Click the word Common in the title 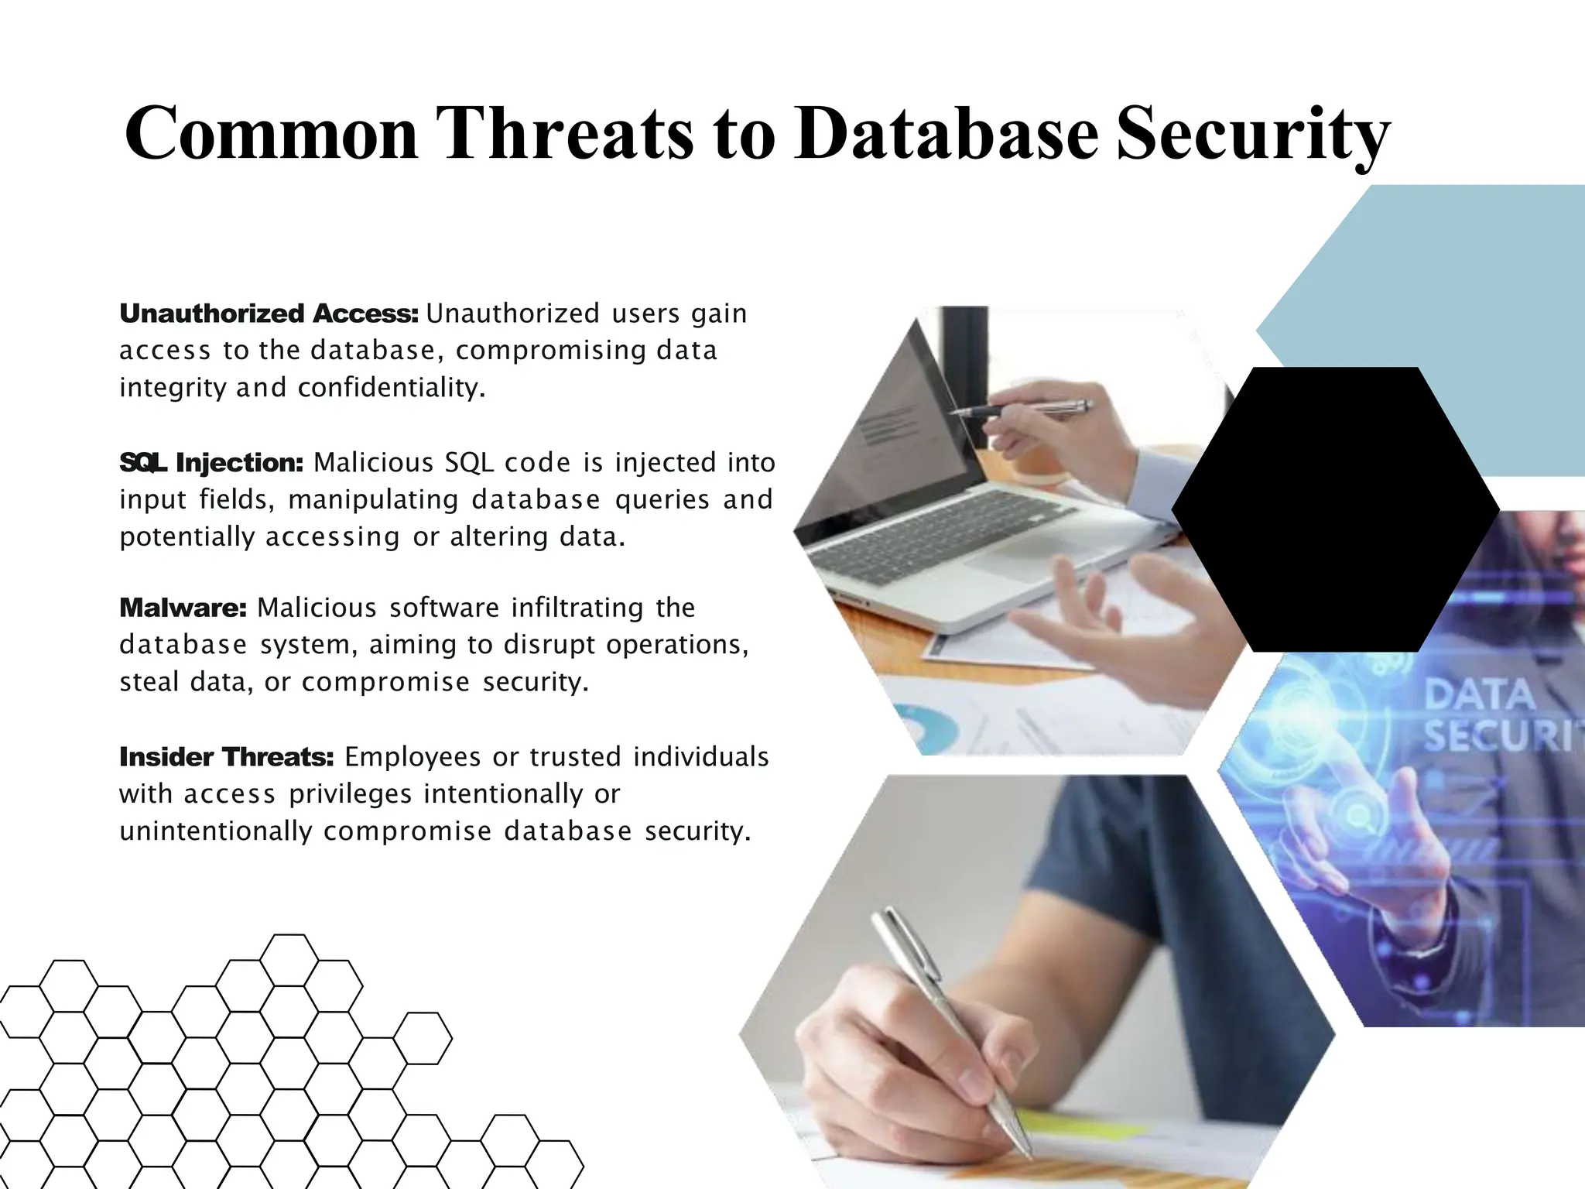(271, 134)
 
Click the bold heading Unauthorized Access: (269, 314)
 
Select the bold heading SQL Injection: (211, 463)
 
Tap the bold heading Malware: (183, 608)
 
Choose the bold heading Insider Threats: (226, 757)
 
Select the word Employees (413, 757)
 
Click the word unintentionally (215, 831)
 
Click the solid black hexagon (1335, 509)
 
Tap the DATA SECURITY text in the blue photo (1498, 714)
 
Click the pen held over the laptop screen (1022, 409)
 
